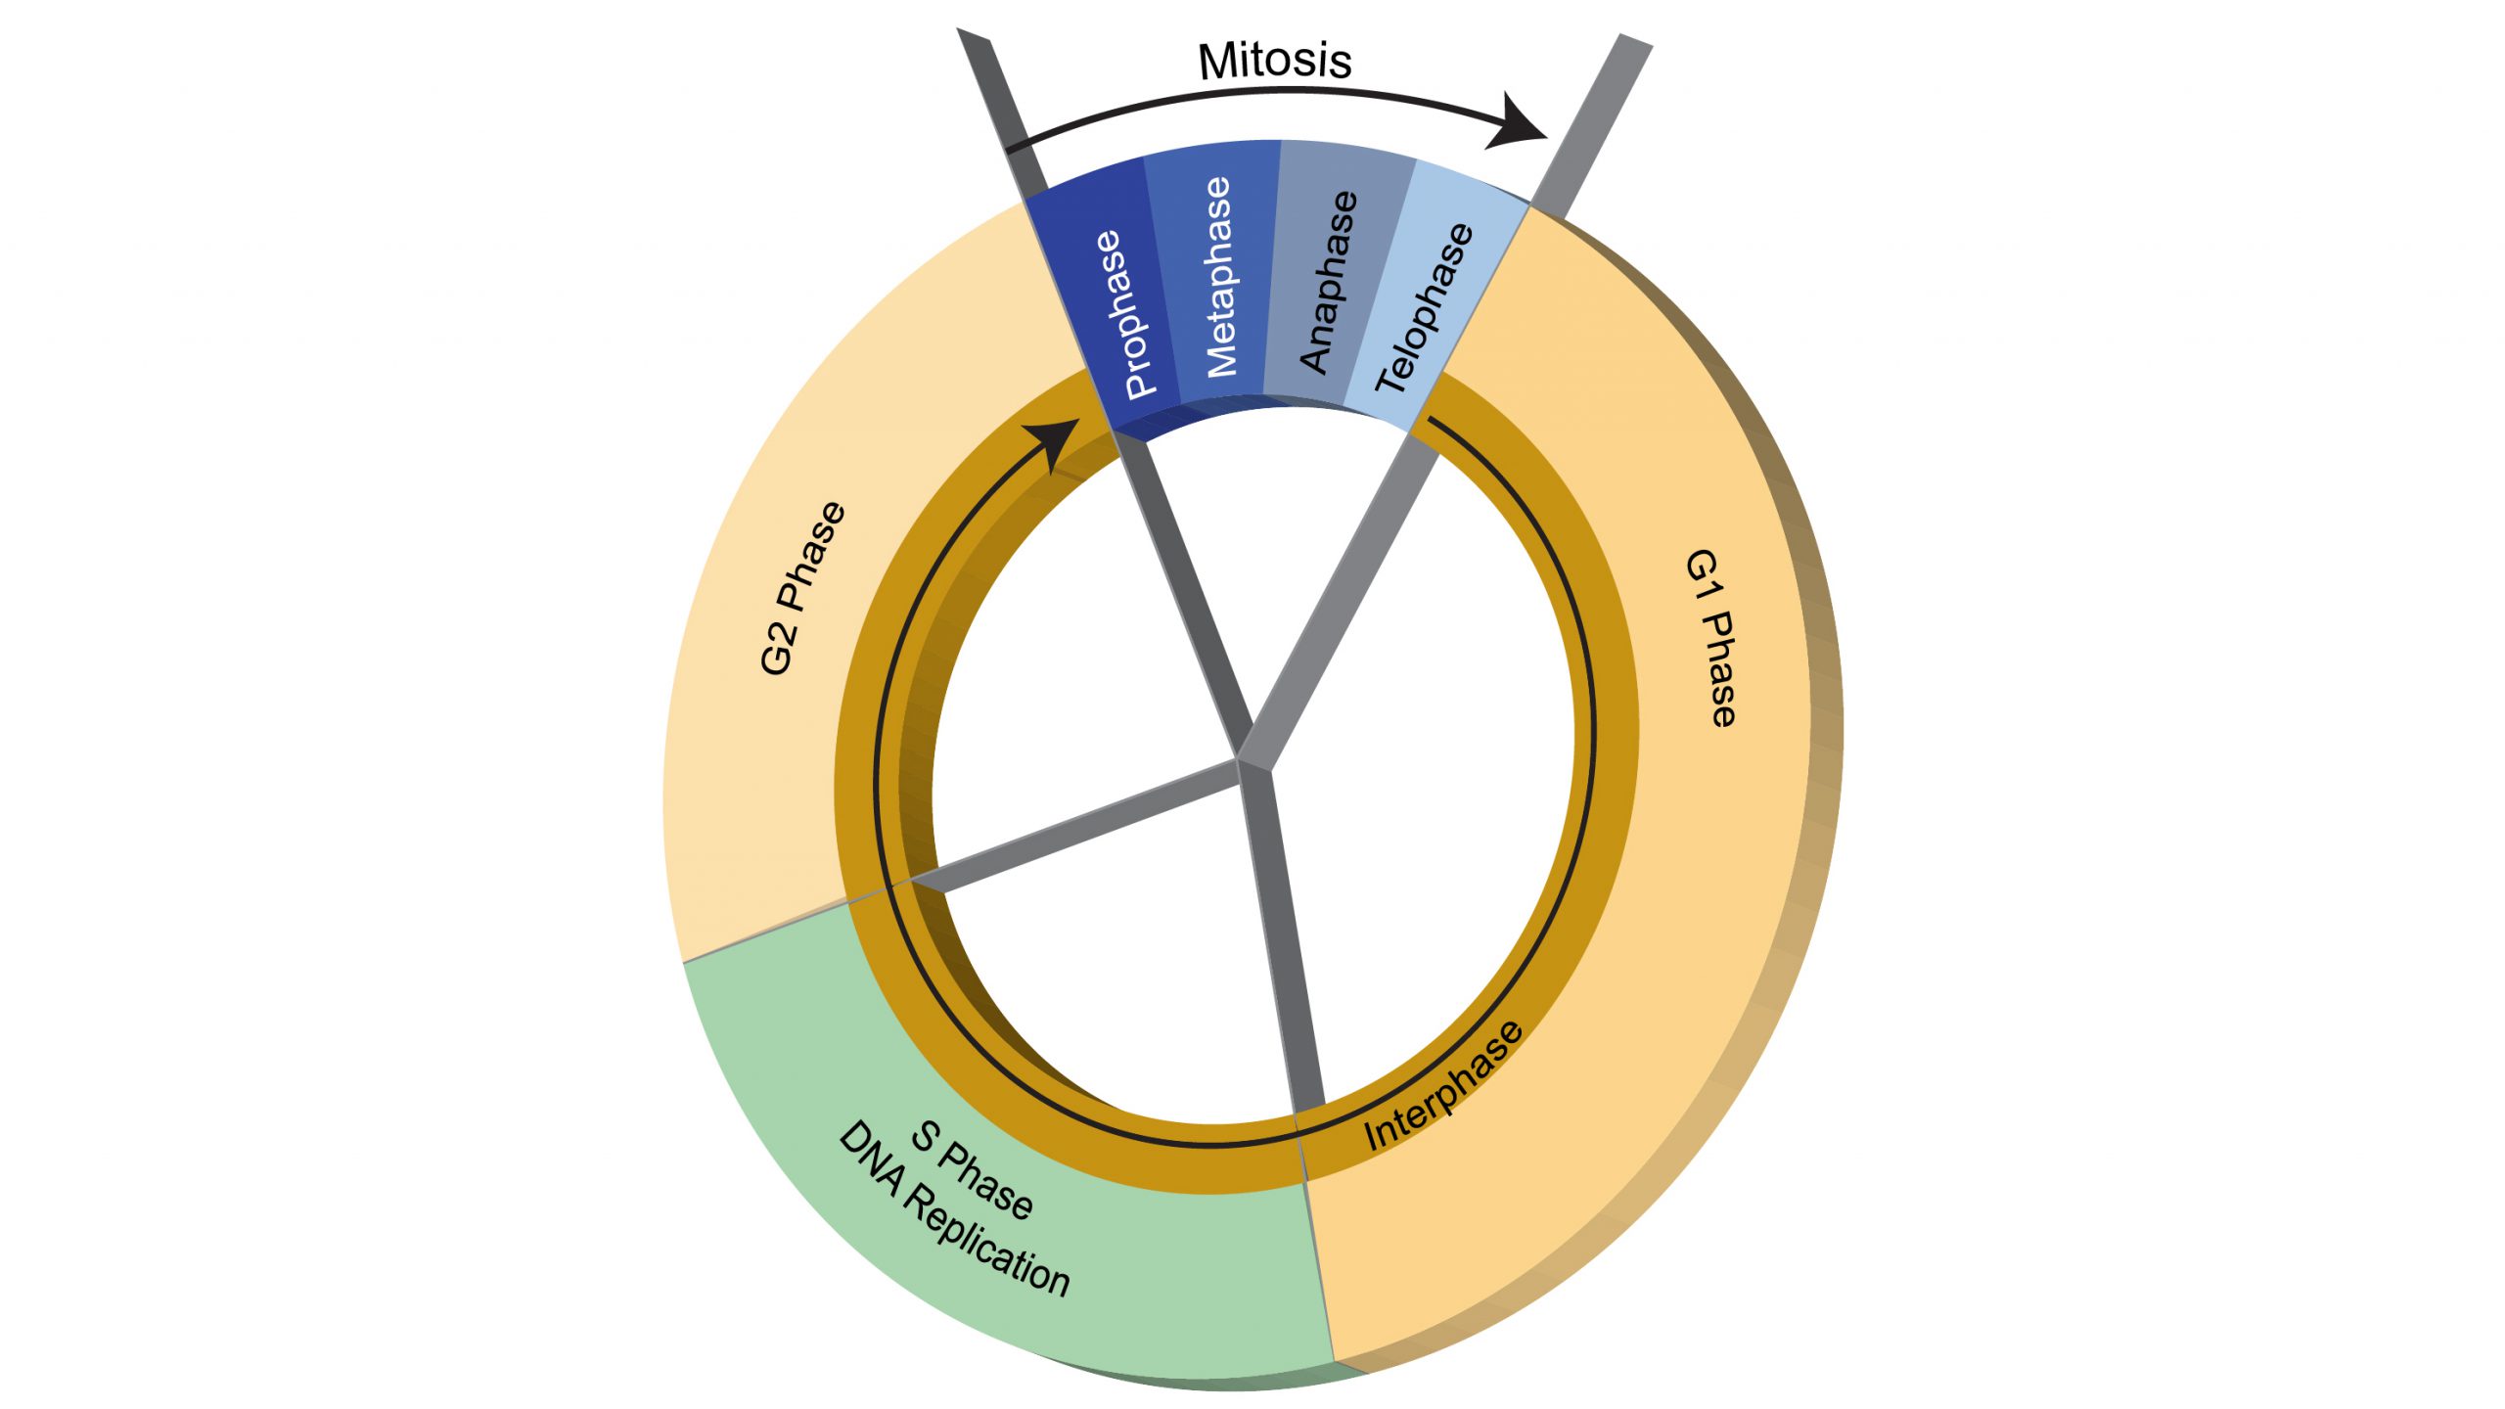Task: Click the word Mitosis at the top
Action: coord(1275,61)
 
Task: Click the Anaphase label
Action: coord(1329,282)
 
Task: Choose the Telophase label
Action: coord(1425,308)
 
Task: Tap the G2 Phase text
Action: coord(802,588)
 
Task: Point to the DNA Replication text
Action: coord(954,1209)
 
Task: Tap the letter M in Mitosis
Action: coord(1215,62)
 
